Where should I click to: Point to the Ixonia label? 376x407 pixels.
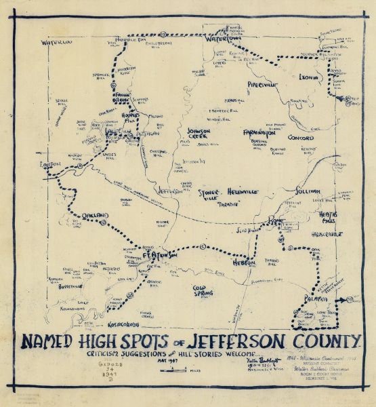click(x=308, y=78)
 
